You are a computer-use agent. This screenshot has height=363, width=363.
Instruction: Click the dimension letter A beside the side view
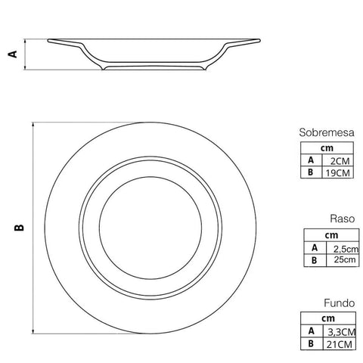tap(13, 54)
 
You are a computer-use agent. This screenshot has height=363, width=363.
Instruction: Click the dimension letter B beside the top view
tap(19, 228)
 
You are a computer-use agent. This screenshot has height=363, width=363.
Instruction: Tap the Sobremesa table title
tap(327, 132)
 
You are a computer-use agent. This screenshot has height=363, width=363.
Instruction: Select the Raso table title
tap(343, 219)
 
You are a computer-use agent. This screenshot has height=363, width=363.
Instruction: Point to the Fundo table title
tap(340, 303)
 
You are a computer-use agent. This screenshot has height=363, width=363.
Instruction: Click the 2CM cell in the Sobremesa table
tap(340, 161)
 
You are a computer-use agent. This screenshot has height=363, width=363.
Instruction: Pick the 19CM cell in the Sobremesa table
tap(338, 173)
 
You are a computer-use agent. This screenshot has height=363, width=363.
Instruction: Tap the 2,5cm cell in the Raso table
tap(346, 249)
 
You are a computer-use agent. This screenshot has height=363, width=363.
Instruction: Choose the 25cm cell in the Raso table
tap(345, 259)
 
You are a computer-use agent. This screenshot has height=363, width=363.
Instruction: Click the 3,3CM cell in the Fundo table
tap(342, 332)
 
